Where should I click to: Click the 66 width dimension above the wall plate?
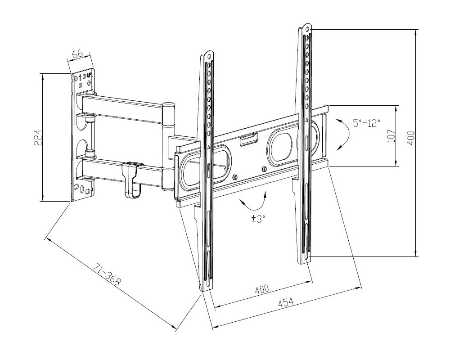coord(77,54)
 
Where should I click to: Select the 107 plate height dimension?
coord(390,135)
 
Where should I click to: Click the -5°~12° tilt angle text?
coord(364,122)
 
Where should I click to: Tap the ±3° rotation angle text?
coord(258,218)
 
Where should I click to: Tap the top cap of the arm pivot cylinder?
coord(168,104)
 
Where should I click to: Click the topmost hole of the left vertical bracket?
coord(207,56)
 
